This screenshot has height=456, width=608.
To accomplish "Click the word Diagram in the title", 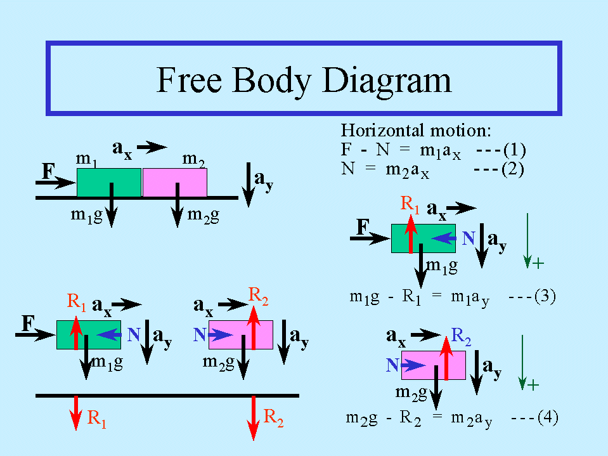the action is (387, 81).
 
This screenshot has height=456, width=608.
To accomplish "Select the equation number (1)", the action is (515, 150).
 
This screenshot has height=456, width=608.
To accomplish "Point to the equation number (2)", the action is (513, 169).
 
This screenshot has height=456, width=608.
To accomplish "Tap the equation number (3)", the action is (545, 296).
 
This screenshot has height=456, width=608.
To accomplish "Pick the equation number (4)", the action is (548, 417).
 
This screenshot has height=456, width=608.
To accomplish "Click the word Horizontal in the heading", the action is (383, 130).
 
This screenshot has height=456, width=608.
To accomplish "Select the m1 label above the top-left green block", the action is (86, 159).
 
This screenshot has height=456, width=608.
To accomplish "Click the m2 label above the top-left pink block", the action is (193, 159).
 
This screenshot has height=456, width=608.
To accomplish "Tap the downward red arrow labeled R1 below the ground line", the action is (76, 413).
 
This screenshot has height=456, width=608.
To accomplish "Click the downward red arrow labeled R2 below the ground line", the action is (254, 417).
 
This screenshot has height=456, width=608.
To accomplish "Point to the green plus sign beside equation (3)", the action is (538, 264).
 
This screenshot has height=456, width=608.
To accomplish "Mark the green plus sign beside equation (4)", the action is (533, 385).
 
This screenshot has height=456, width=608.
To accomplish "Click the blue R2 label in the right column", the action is (461, 336).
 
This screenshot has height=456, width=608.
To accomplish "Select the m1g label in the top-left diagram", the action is (87, 216).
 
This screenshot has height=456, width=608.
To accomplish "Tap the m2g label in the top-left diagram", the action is (203, 216).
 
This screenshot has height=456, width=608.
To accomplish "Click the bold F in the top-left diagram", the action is (48, 171).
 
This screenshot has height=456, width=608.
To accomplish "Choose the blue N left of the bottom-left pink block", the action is (200, 334).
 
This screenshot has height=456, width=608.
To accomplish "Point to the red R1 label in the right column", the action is (410, 204).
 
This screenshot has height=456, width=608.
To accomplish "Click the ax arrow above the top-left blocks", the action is (152, 147).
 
